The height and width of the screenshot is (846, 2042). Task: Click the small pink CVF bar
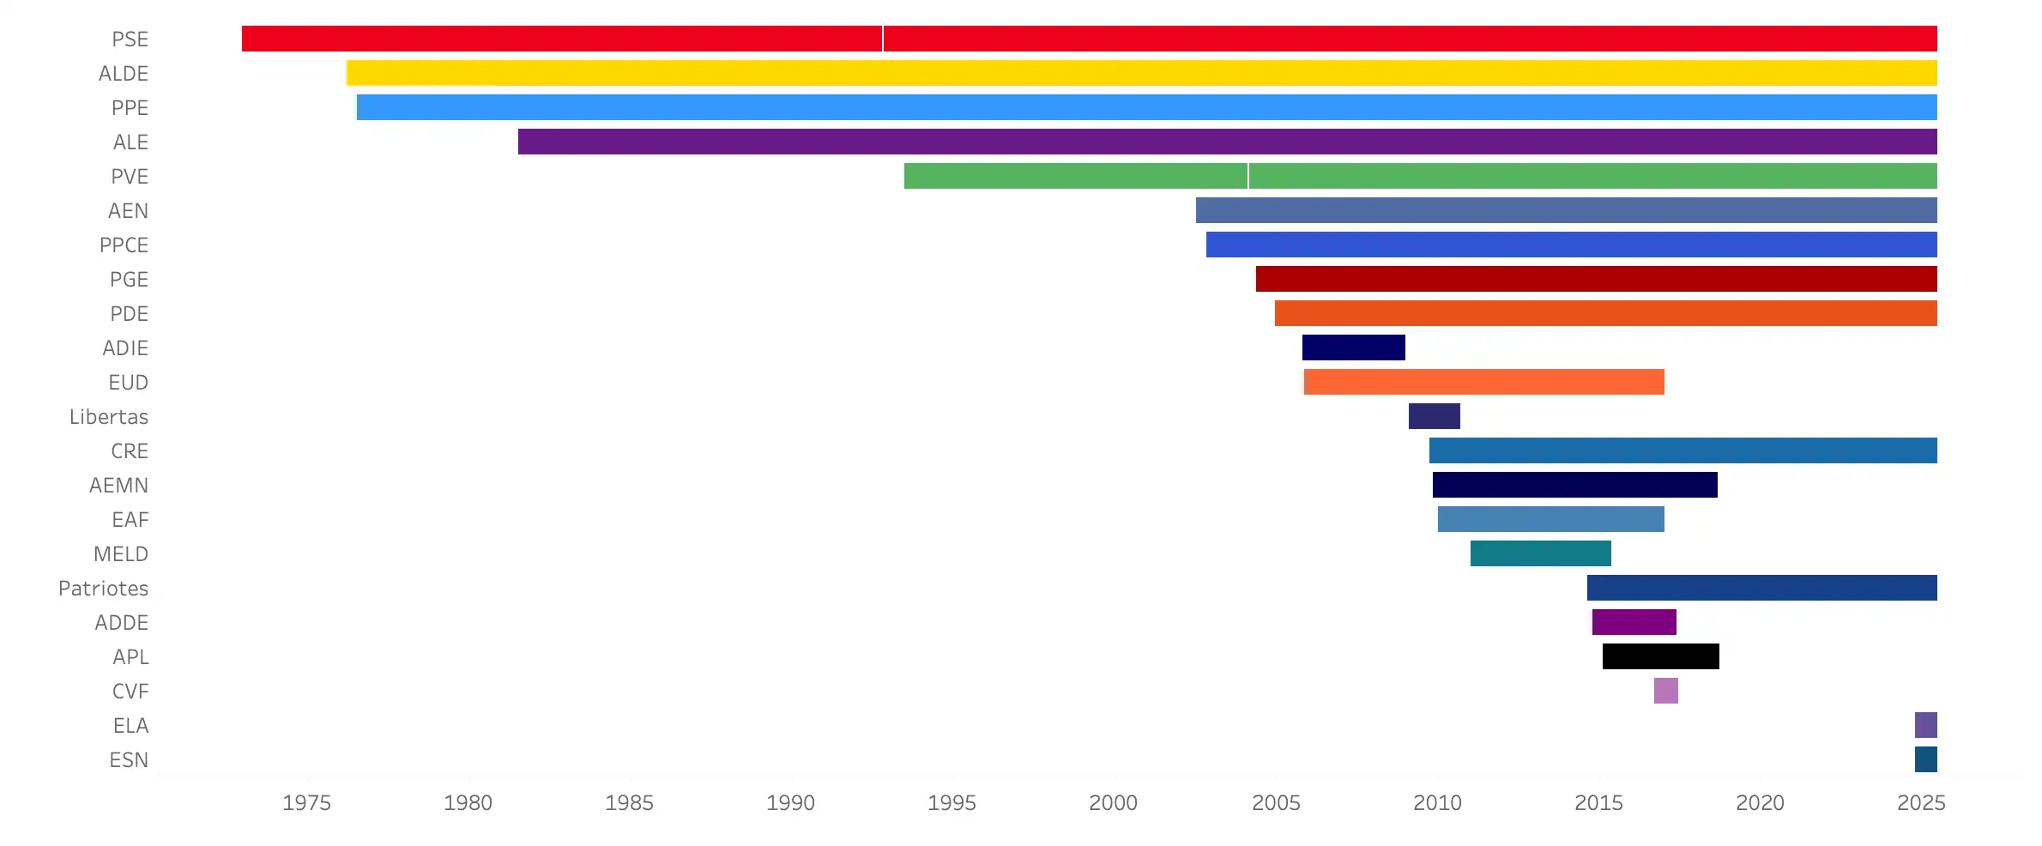1665,691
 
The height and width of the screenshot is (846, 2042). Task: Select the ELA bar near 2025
1925,725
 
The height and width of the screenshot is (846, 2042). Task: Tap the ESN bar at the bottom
1925,759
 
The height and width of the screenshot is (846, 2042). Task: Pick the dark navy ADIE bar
1353,347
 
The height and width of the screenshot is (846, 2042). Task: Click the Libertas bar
1434,416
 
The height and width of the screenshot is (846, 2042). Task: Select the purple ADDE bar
1634,622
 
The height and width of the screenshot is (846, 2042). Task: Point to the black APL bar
1660,656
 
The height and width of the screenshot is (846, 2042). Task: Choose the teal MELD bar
1540,553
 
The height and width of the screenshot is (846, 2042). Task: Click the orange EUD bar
1483,382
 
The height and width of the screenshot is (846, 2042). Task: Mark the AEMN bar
1574,485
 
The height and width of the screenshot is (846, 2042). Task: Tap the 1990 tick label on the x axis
790,803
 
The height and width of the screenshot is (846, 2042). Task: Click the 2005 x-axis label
1276,803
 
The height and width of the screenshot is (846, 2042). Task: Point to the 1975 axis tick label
306,803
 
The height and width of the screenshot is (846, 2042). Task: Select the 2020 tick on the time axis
1760,803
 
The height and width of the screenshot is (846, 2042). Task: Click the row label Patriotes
103,589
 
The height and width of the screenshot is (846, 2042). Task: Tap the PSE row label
130,39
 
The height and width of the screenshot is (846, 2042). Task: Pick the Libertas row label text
108,417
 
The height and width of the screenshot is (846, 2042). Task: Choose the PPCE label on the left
124,245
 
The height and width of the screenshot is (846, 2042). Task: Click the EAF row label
130,520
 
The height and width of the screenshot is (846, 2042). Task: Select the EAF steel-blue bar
1550,519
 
